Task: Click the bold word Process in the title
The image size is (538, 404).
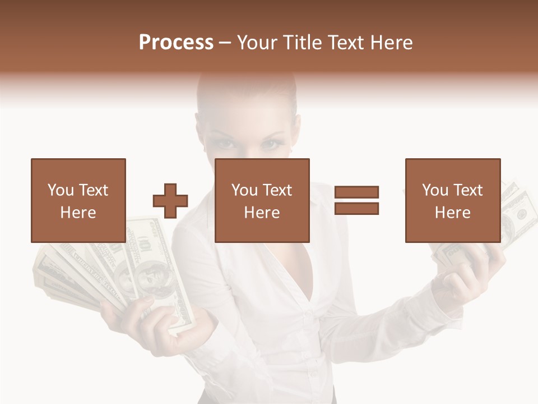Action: point(176,42)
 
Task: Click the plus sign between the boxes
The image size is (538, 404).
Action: point(170,200)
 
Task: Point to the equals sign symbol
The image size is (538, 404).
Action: point(356,200)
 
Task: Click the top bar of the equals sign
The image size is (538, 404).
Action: point(356,192)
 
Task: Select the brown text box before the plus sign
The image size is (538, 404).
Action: point(78,200)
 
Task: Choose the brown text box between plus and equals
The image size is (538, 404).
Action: point(262,200)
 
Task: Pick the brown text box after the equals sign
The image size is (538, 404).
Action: point(452,200)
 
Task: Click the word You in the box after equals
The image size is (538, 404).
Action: point(435,190)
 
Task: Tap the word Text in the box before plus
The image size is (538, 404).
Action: point(94,190)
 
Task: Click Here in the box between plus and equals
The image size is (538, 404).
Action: point(262,213)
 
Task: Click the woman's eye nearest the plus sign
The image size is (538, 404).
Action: point(225,144)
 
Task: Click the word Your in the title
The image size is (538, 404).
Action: point(257,42)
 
